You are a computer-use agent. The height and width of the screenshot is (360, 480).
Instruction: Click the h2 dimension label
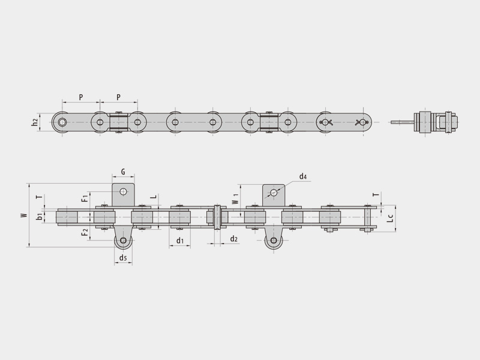click(x=35, y=122)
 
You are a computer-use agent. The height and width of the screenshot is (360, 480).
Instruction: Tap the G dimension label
click(x=123, y=172)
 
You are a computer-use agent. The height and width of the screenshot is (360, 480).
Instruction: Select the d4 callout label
click(x=303, y=176)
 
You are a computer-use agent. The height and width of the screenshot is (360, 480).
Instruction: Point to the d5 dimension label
click(x=123, y=258)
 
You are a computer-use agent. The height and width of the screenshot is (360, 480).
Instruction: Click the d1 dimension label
click(x=180, y=241)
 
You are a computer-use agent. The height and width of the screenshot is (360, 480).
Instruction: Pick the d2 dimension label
click(x=233, y=239)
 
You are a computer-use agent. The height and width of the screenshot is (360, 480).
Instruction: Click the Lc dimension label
click(x=389, y=218)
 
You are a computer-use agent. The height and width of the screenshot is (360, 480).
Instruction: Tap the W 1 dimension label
click(x=235, y=199)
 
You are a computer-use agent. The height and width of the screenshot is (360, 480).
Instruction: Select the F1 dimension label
click(x=85, y=198)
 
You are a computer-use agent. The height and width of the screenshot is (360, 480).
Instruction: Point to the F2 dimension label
click(x=85, y=232)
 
